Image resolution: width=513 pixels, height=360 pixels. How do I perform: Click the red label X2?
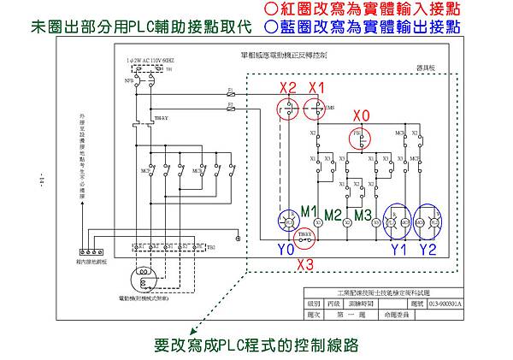click(x=287, y=88)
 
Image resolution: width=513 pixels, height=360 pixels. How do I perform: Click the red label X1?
click(x=316, y=88)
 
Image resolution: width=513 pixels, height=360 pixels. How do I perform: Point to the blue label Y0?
click(x=287, y=250)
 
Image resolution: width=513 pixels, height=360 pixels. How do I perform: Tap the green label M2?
click(x=335, y=213)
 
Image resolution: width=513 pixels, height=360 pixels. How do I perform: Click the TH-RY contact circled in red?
click(x=305, y=235)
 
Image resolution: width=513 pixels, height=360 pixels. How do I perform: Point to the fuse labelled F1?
click(x=230, y=89)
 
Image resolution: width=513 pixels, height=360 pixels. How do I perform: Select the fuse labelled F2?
click(x=230, y=107)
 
